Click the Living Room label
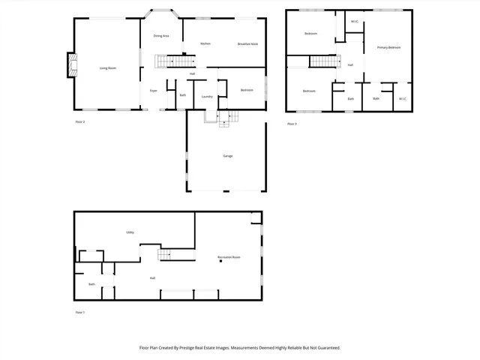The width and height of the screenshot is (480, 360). (108, 68)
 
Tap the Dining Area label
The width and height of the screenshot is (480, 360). (160, 36)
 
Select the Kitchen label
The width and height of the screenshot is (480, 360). (205, 43)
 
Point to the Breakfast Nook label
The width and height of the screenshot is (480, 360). (248, 43)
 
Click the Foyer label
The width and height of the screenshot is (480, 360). (153, 91)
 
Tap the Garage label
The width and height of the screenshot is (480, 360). (227, 156)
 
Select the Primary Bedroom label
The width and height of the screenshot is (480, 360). (388, 47)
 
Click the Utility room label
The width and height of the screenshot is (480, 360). (130, 232)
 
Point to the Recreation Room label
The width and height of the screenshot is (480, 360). (229, 257)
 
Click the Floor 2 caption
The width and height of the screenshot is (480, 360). (80, 121)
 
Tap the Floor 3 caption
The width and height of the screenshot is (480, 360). (292, 124)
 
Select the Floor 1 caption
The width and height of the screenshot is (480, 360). (80, 312)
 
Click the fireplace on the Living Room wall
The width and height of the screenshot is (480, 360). (71, 65)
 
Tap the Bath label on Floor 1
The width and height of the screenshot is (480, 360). (91, 284)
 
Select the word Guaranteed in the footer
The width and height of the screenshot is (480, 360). (324, 348)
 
